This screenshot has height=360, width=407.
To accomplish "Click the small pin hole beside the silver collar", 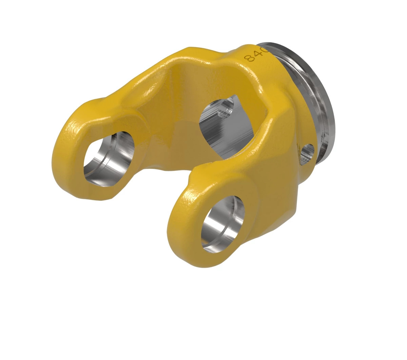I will pos(308,151).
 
